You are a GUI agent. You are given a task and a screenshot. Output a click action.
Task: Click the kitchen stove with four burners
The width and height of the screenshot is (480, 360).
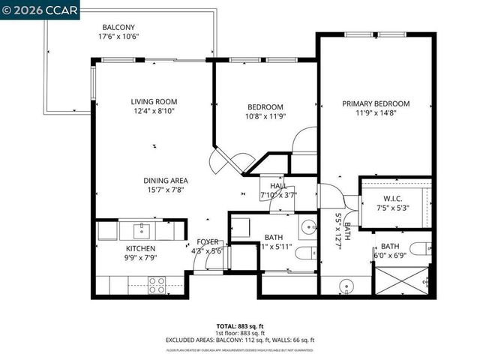(157, 284)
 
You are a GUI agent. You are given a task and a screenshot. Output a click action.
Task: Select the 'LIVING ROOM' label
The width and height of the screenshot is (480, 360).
(154, 102)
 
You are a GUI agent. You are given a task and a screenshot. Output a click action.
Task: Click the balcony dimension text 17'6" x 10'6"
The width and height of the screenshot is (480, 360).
(118, 37)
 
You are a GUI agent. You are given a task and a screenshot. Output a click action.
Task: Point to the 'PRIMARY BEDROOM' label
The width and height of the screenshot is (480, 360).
(376, 103)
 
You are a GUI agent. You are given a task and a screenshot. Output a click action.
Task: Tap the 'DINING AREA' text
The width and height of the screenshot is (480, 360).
(166, 180)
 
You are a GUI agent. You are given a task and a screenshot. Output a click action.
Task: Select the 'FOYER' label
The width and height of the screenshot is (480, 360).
(207, 241)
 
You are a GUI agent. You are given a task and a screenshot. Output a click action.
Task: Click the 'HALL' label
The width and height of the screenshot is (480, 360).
(278, 185)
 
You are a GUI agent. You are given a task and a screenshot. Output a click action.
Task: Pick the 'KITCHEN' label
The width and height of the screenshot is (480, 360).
(140, 248)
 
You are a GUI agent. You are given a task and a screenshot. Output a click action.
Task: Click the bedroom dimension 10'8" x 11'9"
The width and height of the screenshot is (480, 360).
(265, 116)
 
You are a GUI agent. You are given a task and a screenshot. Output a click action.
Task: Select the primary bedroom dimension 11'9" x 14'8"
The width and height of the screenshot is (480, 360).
(376, 115)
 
